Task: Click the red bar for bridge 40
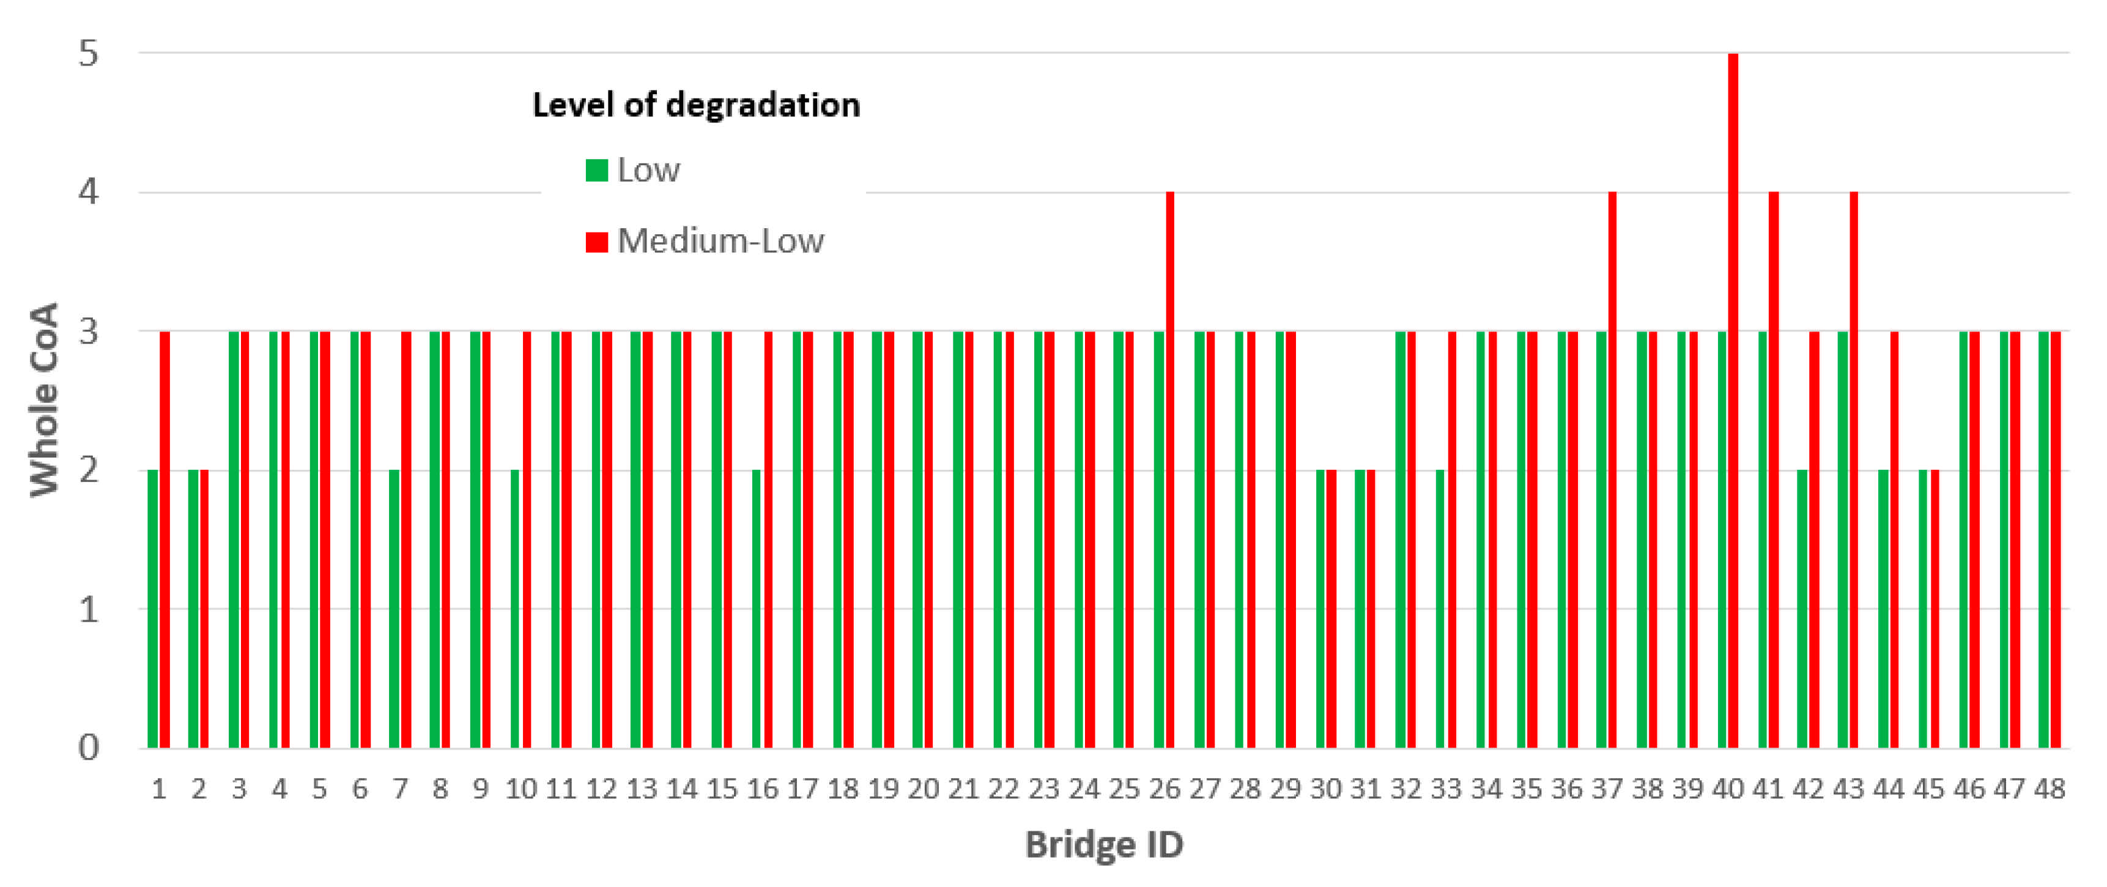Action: point(1733,401)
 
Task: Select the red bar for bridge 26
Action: point(1171,470)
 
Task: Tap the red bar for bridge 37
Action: point(1612,470)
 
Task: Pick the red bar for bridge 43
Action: point(1853,470)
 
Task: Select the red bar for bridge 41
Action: point(1773,470)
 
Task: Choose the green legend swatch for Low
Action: point(597,170)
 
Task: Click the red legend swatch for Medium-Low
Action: point(597,242)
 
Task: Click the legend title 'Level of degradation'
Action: point(696,105)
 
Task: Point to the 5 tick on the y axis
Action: point(87,54)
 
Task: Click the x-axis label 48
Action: point(2049,789)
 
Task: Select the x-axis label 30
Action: point(1325,789)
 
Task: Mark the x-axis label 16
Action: point(762,789)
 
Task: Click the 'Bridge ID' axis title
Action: point(1104,844)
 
